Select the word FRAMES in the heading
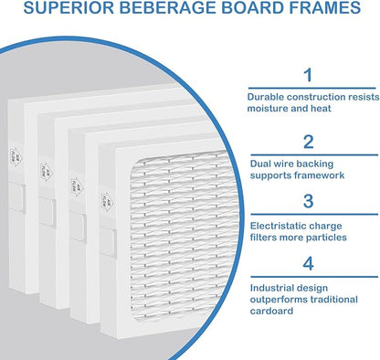click(324, 7)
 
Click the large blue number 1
click(309, 75)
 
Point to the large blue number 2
click(308, 142)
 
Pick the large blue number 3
click(308, 201)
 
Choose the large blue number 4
click(308, 264)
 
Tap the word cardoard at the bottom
click(271, 311)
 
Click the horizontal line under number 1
click(312, 89)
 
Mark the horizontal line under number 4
click(314, 277)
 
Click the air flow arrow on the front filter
click(107, 202)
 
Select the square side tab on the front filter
click(108, 242)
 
